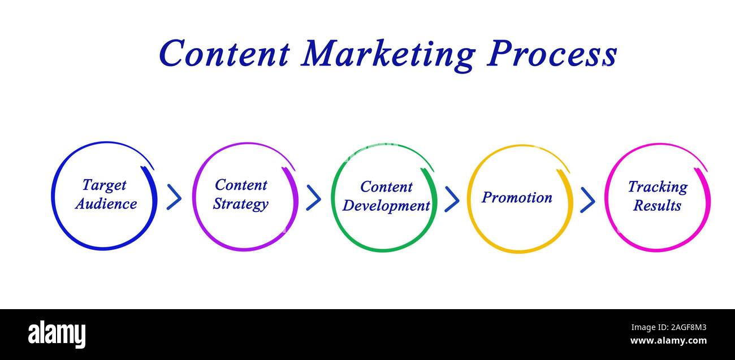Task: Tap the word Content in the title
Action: [x=224, y=54]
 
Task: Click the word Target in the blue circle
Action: [x=104, y=185]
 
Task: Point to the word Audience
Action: [x=106, y=204]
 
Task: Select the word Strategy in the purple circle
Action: [x=240, y=204]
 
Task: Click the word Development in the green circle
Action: [x=386, y=206]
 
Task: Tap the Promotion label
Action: [x=517, y=197]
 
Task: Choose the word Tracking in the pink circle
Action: [x=658, y=187]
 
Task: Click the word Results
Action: [x=657, y=206]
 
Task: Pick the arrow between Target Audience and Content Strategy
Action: [x=174, y=197]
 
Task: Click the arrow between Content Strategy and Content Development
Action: [x=313, y=197]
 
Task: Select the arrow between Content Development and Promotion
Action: [x=452, y=198]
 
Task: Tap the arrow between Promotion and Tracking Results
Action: [x=587, y=199]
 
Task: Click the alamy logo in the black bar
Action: [x=57, y=334]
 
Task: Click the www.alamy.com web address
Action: [x=668, y=341]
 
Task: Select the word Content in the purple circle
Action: [x=241, y=185]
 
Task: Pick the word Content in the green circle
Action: [x=386, y=186]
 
